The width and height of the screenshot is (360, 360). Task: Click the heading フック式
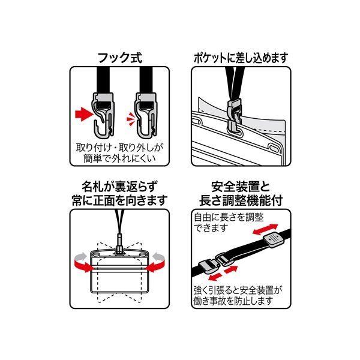tap(120, 58)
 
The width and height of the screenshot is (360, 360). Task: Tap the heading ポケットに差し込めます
tap(241, 58)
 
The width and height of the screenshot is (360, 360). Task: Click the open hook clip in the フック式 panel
tap(103, 114)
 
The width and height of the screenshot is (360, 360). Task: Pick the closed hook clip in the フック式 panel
tap(146, 114)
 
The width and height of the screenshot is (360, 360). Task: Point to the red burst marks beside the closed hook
tap(130, 119)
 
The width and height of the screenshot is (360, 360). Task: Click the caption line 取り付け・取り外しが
tap(119, 148)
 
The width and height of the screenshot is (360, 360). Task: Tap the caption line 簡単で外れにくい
tap(119, 158)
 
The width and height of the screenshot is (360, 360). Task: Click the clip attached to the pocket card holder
tap(235, 117)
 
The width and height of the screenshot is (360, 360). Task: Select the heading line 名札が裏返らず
tap(120, 187)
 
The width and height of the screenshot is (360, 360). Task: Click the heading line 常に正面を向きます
tap(119, 200)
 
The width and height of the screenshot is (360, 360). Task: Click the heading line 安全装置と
tap(241, 187)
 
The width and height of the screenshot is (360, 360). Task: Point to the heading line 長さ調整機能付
tap(241, 200)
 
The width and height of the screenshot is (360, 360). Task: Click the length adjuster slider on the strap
tap(274, 240)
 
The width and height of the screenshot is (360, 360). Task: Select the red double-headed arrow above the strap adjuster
tap(265, 229)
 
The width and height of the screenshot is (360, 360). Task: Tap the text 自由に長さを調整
tap(229, 217)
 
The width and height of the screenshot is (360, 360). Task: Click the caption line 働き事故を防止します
tap(233, 301)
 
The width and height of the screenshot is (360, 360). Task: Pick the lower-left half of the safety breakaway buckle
tap(209, 268)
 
